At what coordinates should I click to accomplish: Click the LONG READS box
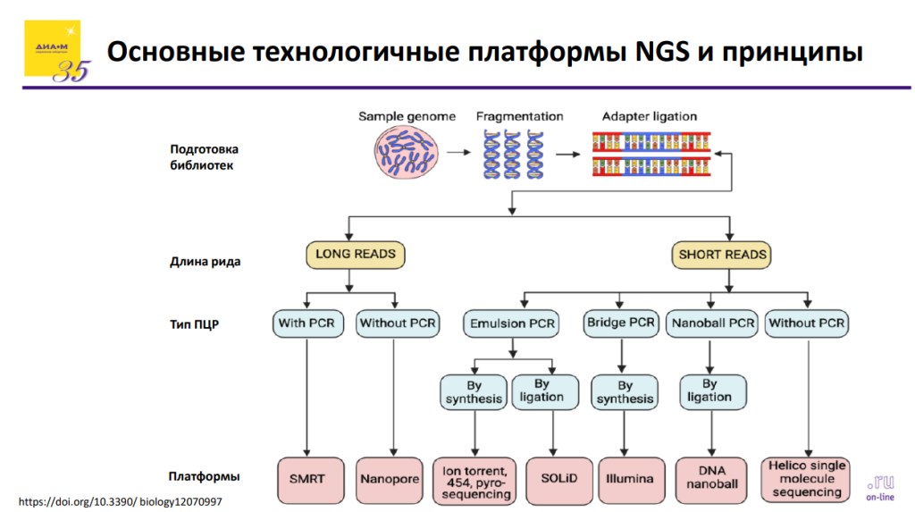(x=356, y=255)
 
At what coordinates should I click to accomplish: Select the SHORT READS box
(x=722, y=255)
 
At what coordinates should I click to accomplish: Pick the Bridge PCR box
(x=620, y=323)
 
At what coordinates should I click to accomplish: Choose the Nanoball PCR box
(x=711, y=323)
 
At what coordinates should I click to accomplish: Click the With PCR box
(x=306, y=323)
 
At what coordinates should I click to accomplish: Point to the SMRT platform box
(x=306, y=479)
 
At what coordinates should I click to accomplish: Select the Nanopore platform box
(x=390, y=479)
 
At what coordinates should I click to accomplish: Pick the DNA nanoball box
(x=712, y=479)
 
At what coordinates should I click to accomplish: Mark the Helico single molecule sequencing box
(x=807, y=479)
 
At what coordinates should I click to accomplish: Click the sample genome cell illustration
(x=404, y=151)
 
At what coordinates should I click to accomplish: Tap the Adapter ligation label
(x=650, y=116)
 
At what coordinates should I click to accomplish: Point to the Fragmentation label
(x=519, y=116)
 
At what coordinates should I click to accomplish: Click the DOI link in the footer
(x=120, y=501)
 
